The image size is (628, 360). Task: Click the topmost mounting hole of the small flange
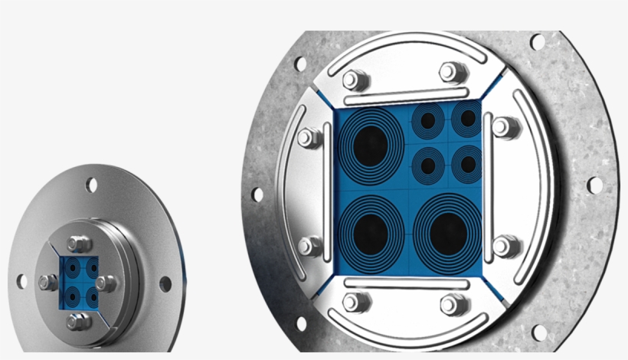[92, 185]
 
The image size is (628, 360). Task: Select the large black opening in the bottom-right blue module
[448, 231]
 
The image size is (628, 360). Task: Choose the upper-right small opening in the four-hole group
[466, 119]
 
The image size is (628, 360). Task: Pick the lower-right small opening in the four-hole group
[466, 162]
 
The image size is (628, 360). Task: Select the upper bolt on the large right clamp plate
[503, 126]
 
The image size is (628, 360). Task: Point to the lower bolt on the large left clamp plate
[309, 246]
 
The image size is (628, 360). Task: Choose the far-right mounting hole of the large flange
[594, 185]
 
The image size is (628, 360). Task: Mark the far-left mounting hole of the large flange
[258, 195]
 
